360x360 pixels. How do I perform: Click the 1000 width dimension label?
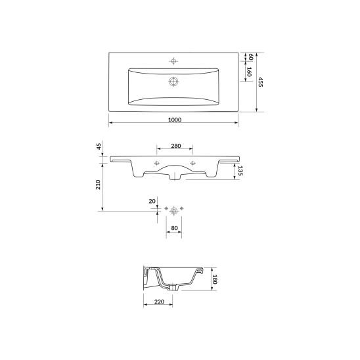[x=175, y=120]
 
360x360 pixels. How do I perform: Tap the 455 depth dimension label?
[x=260, y=82]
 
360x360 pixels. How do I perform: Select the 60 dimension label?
[x=250, y=57]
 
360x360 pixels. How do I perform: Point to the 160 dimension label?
[x=249, y=72]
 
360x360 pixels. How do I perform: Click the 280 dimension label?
[x=176, y=146]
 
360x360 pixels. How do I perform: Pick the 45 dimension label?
[x=99, y=146]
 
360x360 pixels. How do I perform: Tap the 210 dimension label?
[x=98, y=185]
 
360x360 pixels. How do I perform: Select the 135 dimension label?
[x=240, y=171]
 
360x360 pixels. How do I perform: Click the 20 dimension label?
[x=152, y=202]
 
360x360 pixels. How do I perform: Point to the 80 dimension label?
[x=174, y=228]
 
